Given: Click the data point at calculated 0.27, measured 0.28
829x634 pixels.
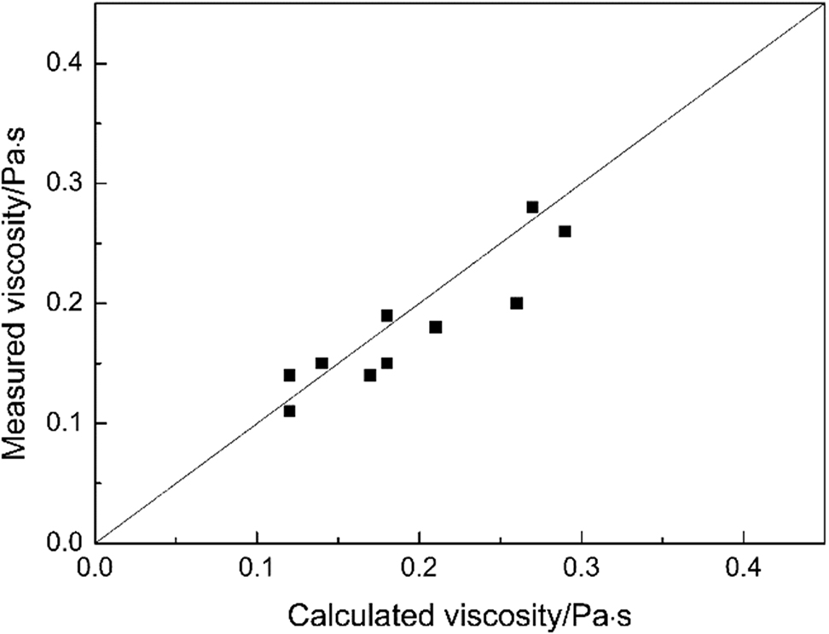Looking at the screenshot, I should click(532, 207).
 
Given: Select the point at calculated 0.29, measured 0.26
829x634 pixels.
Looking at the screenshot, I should click(565, 231).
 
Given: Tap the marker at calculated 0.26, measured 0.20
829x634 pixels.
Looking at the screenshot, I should click(516, 303).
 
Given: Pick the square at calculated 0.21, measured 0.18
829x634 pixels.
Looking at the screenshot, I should click(436, 327).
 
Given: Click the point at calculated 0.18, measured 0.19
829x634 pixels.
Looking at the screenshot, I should click(386, 316).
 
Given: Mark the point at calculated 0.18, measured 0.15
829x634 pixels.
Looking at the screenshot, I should click(386, 363).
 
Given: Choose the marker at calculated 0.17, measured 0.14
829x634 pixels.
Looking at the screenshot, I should click(370, 375).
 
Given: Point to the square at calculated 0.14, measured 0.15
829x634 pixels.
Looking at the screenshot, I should click(322, 363).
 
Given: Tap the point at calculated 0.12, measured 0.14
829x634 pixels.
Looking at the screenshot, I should click(289, 375).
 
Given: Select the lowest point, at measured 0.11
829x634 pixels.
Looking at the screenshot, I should click(289, 410).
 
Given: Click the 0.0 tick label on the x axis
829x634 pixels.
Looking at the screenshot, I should click(95, 567).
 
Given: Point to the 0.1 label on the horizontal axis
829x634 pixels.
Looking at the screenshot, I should click(257, 567).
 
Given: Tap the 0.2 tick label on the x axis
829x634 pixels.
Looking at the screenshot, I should click(419, 567).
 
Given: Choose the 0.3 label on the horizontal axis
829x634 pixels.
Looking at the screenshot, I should click(581, 567).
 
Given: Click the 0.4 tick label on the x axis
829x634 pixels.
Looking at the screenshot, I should click(743, 567).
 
